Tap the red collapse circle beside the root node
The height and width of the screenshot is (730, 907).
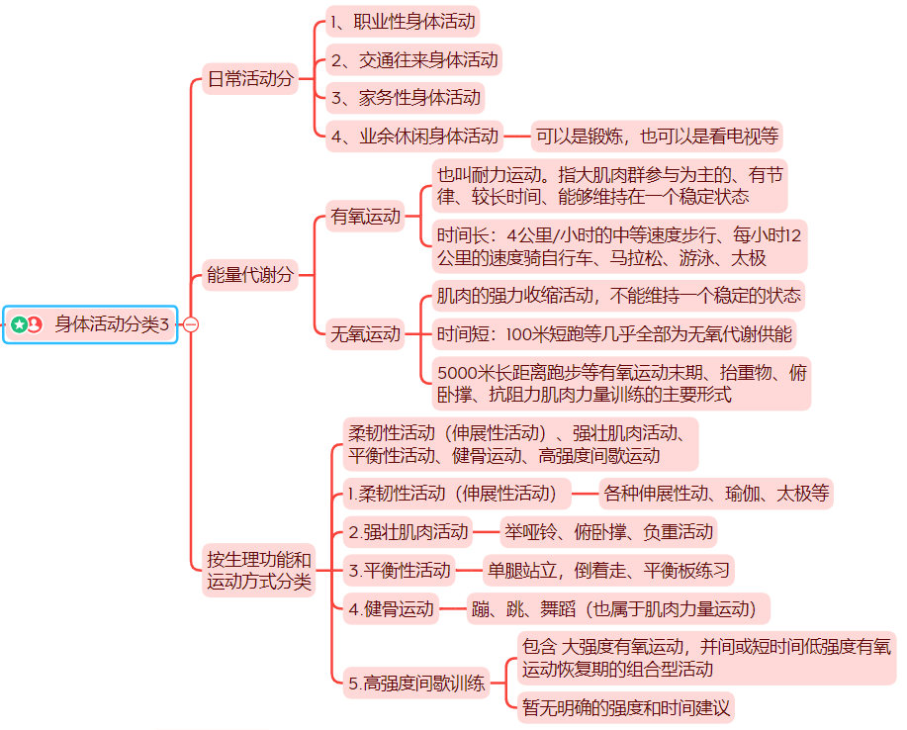(191, 324)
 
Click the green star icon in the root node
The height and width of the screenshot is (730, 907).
(19, 324)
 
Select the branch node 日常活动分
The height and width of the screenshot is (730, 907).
(249, 79)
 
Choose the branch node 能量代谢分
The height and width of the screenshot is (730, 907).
(249, 276)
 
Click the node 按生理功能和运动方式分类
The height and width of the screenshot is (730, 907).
(259, 571)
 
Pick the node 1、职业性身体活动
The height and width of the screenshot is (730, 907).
(404, 21)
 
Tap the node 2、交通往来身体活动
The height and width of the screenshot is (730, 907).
(414, 59)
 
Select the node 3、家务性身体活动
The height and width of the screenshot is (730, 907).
(406, 97)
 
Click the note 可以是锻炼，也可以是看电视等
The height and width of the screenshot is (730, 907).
(657, 136)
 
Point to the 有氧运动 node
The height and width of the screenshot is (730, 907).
(366, 216)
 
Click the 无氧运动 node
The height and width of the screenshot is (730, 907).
(366, 334)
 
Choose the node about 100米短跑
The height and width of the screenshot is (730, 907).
(614, 334)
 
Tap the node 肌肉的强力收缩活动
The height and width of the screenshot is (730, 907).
(618, 296)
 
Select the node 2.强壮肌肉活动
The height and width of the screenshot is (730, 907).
(408, 532)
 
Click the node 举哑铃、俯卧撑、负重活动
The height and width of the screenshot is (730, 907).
(607, 532)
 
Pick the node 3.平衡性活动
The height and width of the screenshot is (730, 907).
(400, 571)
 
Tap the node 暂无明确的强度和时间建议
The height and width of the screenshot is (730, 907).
(625, 707)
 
